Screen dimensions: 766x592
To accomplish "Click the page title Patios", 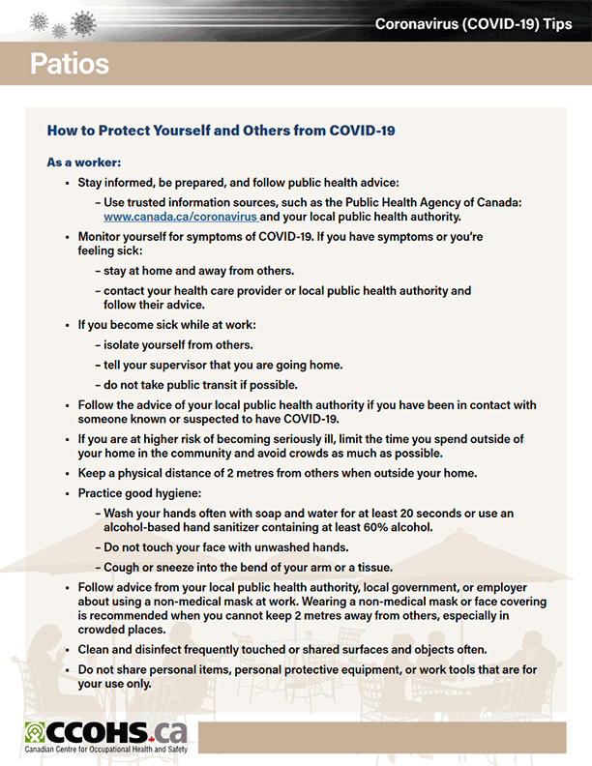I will click(69, 64).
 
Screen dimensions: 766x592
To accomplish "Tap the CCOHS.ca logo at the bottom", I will click(105, 731).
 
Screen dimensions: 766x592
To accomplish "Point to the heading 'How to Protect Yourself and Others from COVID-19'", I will click(221, 130).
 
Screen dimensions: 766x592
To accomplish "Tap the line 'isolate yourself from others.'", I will click(178, 344).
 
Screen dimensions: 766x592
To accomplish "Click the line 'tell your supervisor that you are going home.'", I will click(222, 365).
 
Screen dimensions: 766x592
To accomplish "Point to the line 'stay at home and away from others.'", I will click(198, 270).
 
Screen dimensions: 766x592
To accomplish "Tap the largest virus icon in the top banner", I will click(84, 21).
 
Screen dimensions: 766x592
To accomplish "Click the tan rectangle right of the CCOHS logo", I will click(382, 737).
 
